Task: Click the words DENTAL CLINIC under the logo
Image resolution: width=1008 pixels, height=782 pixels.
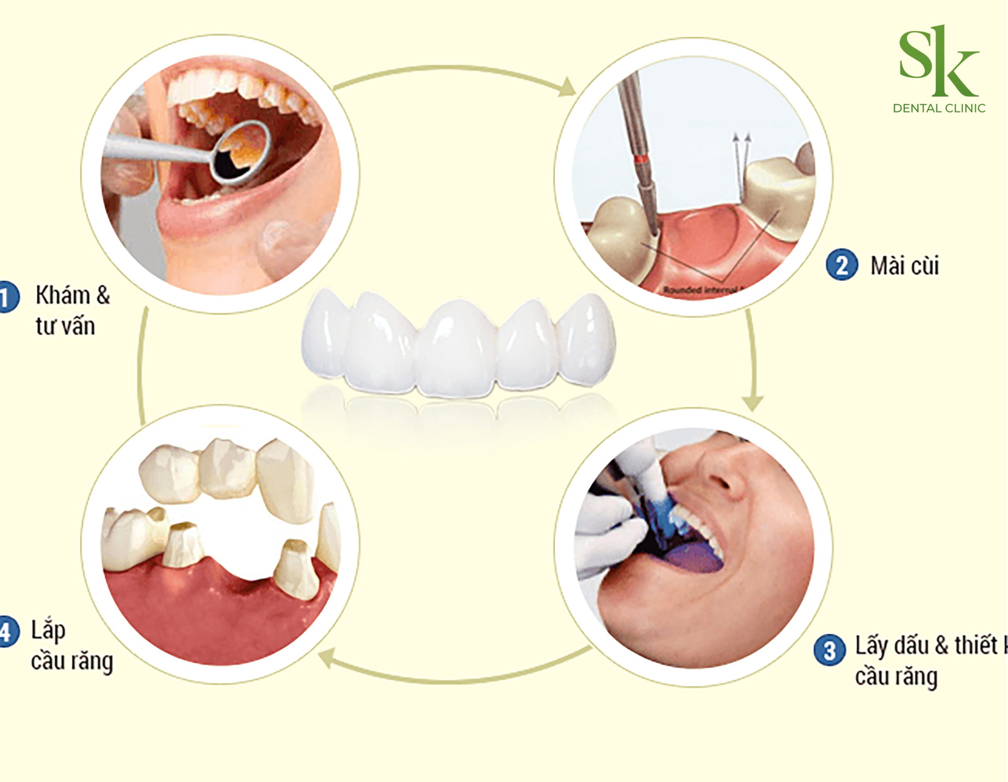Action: [x=939, y=109]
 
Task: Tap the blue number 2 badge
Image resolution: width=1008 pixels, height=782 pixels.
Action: [x=841, y=265]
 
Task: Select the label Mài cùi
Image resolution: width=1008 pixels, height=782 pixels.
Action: [x=904, y=266]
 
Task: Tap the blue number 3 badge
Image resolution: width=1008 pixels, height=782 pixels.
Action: [x=829, y=650]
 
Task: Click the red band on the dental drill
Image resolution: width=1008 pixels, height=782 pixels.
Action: [x=640, y=160]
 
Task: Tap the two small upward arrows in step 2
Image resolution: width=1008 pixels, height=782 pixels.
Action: [x=742, y=139]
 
